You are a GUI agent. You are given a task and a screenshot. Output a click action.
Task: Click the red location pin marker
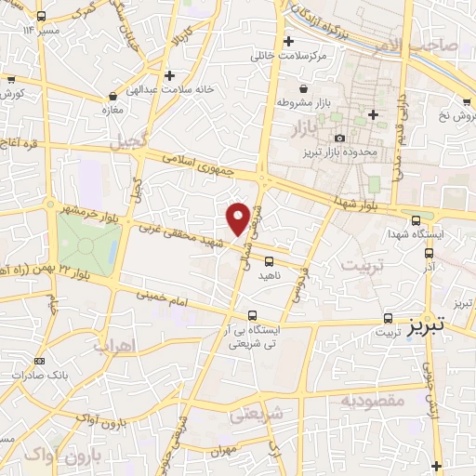point(238,218)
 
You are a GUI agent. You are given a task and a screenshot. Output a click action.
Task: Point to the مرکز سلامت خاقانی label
point(290,56)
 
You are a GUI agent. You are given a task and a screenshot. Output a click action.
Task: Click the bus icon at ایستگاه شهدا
point(416,220)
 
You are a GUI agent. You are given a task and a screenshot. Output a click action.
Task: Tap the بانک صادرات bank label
point(38,375)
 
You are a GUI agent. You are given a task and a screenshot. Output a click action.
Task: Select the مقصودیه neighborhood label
point(371,401)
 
